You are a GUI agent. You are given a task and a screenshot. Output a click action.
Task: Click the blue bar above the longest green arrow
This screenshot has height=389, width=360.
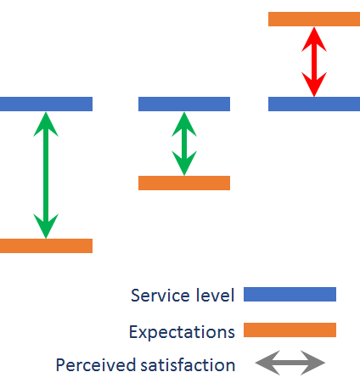46,104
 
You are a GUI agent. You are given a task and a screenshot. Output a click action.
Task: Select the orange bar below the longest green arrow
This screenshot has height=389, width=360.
46,245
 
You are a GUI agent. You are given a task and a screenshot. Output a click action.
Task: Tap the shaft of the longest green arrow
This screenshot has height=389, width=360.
46,175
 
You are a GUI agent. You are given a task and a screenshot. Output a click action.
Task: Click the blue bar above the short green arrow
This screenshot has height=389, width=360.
184,104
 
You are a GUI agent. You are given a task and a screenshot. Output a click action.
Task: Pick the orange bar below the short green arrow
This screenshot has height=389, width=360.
184,183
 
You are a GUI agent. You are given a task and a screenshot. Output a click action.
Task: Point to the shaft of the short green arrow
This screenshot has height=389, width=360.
184,144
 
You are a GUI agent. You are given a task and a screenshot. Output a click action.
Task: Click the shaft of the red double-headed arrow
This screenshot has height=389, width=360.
314,62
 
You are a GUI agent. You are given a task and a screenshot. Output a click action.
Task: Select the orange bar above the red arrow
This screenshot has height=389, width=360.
314,19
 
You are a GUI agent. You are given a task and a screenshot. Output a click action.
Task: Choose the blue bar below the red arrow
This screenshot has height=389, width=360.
314,104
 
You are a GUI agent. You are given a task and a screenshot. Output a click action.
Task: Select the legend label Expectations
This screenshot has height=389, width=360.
182,332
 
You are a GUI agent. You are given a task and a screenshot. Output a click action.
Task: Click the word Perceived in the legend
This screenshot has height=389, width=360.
96,364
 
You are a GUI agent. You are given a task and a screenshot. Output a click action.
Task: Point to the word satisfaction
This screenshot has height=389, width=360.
188,364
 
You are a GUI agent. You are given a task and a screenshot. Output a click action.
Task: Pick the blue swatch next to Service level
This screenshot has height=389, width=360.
290,294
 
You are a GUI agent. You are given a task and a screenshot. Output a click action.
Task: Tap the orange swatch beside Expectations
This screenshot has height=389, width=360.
290,330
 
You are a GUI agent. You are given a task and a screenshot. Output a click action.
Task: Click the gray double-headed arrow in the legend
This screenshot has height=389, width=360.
290,363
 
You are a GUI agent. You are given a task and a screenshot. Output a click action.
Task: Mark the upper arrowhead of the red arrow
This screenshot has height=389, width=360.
314,40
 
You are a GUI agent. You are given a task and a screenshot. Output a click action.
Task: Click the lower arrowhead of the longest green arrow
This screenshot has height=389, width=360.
46,226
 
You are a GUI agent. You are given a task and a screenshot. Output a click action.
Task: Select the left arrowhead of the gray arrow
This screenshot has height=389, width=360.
267,363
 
